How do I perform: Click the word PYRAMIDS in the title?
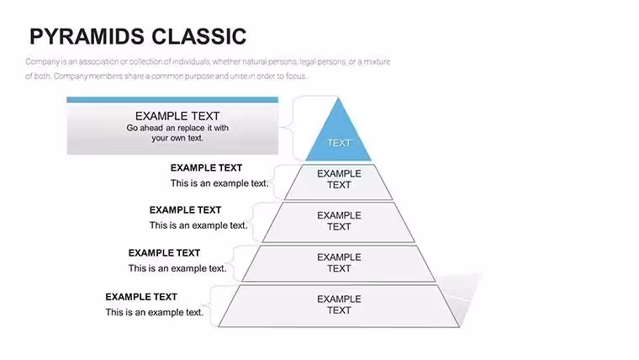tap(87, 36)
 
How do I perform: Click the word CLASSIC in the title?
tap(199, 36)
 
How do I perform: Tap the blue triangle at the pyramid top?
tap(338, 135)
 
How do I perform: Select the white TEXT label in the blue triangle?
tap(339, 143)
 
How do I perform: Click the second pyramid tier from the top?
tap(339, 182)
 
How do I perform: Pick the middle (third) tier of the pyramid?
tap(339, 222)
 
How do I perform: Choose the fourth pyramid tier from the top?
tap(339, 263)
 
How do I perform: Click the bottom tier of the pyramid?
tap(339, 306)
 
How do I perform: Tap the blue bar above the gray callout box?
tap(172, 100)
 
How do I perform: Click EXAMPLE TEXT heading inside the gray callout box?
tap(177, 116)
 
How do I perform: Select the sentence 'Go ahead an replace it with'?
tap(177, 128)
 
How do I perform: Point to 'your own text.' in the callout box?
tap(177, 138)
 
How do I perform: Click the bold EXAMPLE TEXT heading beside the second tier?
tap(206, 168)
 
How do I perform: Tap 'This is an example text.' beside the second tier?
tap(219, 183)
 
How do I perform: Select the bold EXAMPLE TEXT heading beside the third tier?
tap(185, 210)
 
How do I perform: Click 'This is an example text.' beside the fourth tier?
tap(177, 268)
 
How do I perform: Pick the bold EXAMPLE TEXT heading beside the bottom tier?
tap(141, 297)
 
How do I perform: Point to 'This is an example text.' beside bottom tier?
tap(154, 312)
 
